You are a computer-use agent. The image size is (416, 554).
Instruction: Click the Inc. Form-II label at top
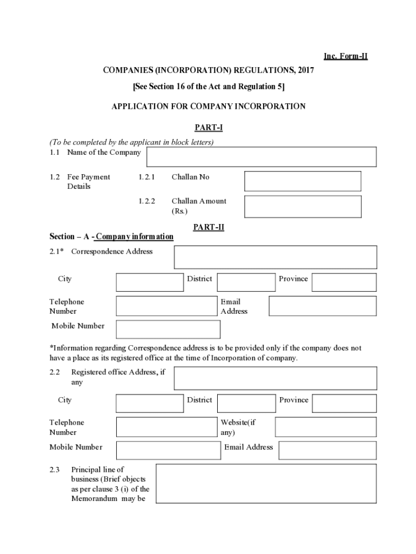[345, 56]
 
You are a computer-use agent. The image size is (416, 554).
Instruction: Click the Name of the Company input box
[261, 157]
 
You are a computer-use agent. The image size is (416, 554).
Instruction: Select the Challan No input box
[302, 181]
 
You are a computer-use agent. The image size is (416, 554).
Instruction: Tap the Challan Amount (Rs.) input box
[302, 207]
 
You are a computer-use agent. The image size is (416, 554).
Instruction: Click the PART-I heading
[209, 128]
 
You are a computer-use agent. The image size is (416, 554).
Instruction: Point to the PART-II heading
[209, 227]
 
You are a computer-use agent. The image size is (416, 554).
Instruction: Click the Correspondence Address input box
[275, 257]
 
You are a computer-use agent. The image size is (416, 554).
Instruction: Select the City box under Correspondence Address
[150, 282]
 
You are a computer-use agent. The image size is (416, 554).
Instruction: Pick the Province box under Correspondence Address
[344, 282]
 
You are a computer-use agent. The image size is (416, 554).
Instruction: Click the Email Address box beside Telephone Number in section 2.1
[323, 306]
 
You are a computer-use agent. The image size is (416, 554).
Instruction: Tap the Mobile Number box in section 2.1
[168, 329]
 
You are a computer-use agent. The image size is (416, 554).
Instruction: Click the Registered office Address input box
[275, 378]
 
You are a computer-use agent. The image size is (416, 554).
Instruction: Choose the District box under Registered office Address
[246, 404]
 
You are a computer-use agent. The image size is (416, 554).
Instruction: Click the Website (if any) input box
[325, 427]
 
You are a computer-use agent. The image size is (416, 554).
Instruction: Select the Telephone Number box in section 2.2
[166, 427]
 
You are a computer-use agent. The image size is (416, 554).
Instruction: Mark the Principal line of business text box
[266, 484]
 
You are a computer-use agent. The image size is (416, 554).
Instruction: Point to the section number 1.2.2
[146, 201]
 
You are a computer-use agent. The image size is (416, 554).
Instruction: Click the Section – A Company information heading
[111, 236]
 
